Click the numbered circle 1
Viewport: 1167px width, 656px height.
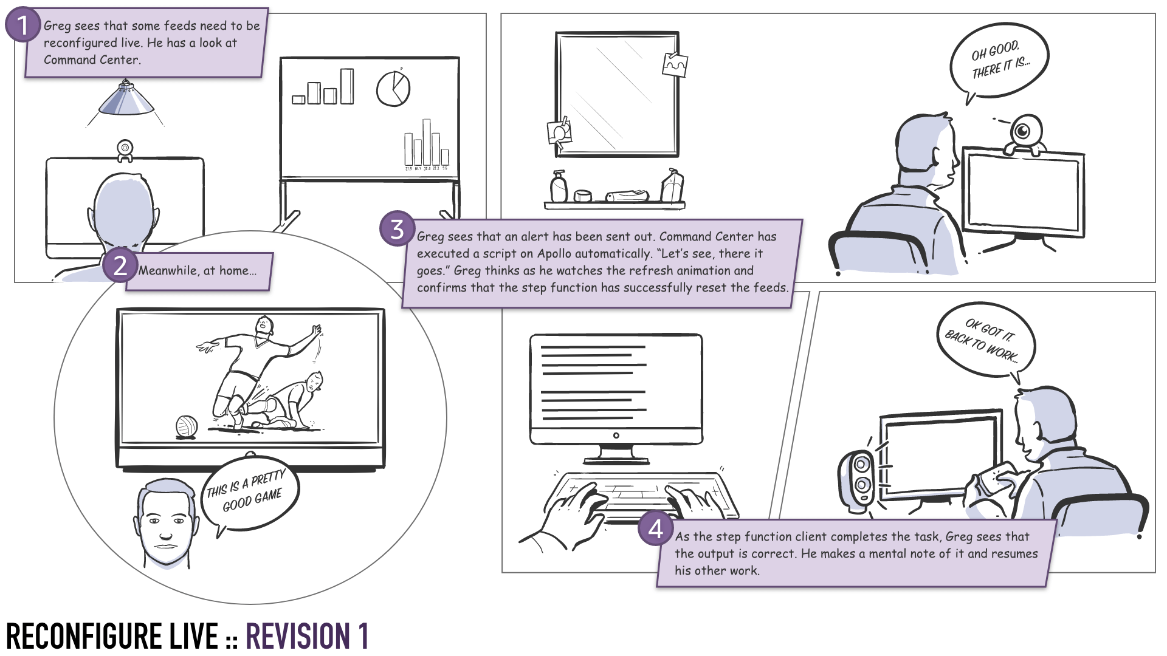tap(22, 26)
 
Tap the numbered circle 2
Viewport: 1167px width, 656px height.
tap(120, 265)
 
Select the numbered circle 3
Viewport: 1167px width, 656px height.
tap(397, 229)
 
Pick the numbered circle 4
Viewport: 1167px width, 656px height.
tap(655, 529)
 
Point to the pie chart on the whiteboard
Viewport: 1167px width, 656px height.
tap(393, 89)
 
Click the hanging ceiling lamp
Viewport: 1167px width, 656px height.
tap(126, 100)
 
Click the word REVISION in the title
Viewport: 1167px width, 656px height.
tap(297, 637)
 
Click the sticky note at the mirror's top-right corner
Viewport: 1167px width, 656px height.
tap(675, 64)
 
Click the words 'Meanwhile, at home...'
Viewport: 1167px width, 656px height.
tap(198, 271)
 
